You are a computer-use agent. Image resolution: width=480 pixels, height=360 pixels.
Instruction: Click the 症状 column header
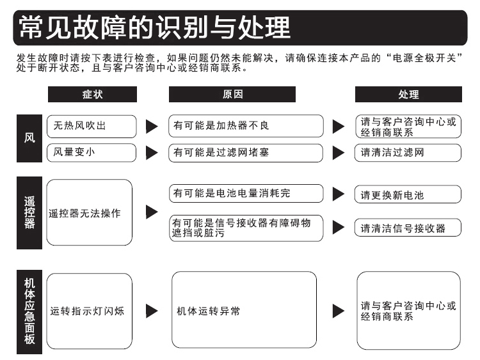92,94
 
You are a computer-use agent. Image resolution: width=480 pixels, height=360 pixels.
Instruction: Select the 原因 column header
232,94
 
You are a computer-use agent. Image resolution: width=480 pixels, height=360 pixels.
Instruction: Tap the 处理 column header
408,94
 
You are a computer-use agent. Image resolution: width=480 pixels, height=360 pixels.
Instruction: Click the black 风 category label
29,138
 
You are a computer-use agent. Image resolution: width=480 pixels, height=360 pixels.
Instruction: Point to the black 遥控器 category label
29,213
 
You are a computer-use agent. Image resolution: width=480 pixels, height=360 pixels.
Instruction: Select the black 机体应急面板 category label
29,311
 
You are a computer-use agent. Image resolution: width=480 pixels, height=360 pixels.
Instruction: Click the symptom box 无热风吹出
92,127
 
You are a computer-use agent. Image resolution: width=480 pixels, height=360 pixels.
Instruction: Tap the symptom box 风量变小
92,153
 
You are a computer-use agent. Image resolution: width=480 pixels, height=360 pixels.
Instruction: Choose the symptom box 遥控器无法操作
90,212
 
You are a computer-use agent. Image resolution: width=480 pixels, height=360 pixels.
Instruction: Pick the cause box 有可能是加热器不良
246,126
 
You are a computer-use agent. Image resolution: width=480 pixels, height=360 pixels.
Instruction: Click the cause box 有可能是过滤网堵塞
246,153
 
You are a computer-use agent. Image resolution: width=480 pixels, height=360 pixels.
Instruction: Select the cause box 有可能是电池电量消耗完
246,193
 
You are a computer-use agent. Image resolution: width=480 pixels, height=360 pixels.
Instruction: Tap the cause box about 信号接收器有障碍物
246,228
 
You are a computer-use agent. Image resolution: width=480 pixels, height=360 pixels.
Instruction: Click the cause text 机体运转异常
209,311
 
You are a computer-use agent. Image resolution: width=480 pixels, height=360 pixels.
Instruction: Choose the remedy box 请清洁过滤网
408,153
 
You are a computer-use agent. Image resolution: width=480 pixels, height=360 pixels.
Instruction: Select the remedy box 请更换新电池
408,194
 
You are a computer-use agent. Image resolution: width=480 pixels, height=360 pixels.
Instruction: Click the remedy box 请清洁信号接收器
408,227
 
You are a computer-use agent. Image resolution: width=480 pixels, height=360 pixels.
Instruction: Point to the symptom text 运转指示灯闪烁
87,311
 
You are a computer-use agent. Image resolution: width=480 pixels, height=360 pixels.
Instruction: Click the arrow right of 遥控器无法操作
152,212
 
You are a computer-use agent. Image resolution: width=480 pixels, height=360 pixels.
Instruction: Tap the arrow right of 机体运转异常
339,311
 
